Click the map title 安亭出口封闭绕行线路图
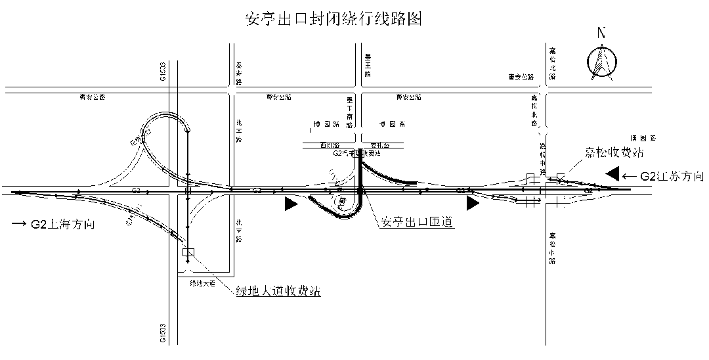tap(333, 19)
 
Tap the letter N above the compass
tap(601, 34)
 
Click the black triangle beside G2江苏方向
tap(613, 173)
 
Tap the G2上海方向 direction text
tap(63, 225)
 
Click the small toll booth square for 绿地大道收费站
tap(188, 252)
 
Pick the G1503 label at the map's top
tap(163, 72)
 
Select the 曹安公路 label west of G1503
tap(92, 97)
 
